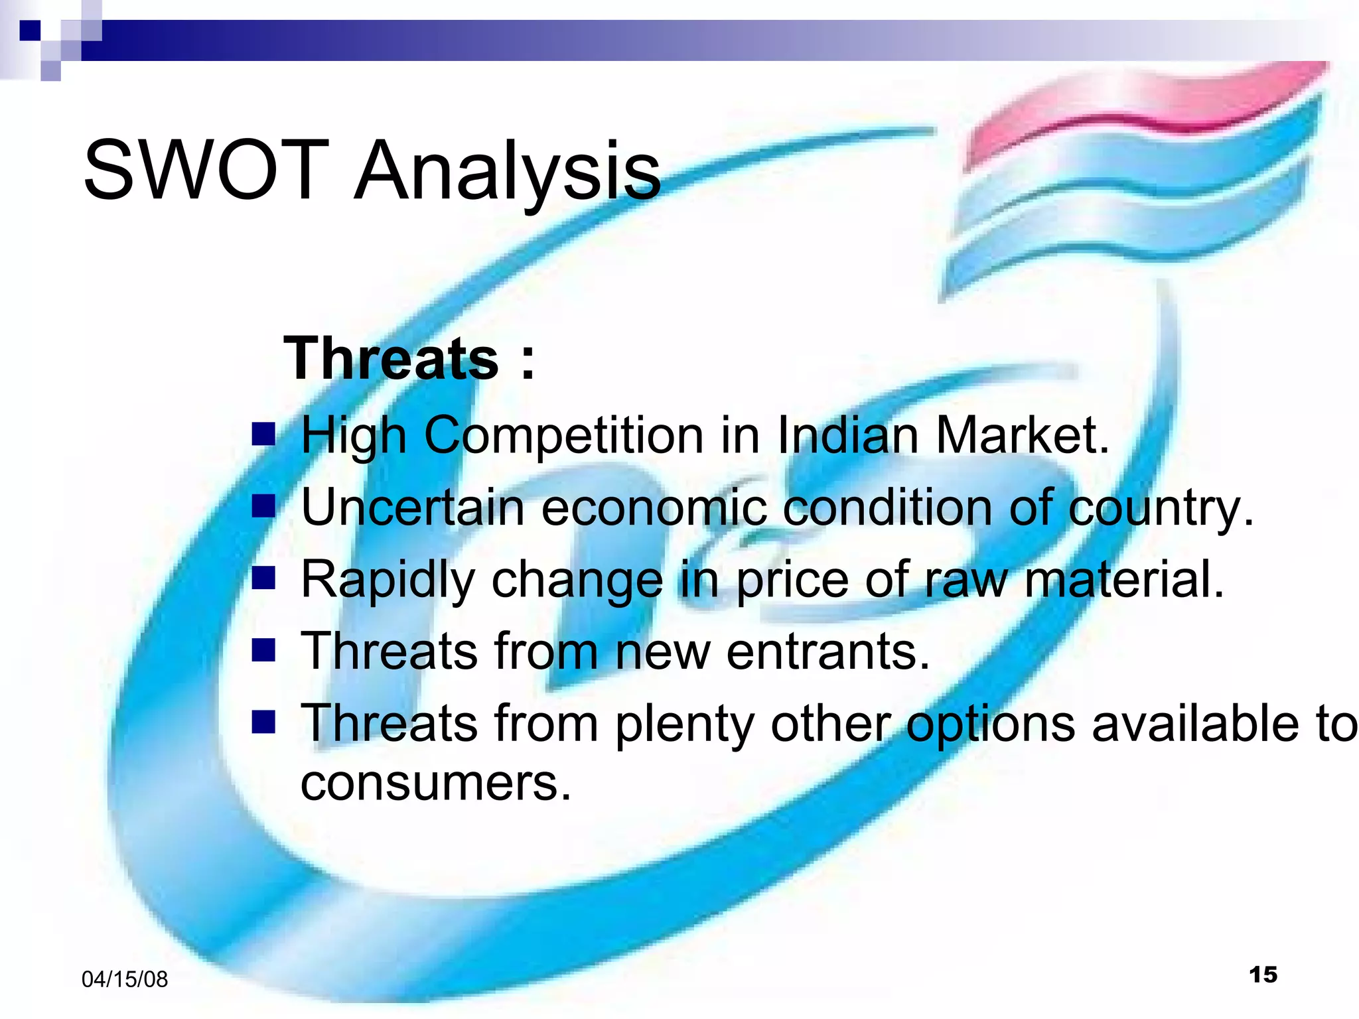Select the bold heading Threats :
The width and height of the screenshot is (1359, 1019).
tap(408, 359)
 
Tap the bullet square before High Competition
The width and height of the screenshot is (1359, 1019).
tap(263, 435)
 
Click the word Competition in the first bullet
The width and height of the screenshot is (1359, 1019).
tap(564, 437)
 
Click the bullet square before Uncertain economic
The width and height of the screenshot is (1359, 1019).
tap(263, 507)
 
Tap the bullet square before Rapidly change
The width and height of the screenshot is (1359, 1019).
tap(263, 578)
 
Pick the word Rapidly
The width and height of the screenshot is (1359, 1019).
tap(388, 580)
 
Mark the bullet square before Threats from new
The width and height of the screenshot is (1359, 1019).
tap(263, 651)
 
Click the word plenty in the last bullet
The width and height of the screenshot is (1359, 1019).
tap(684, 725)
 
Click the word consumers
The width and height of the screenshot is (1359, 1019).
tap(435, 783)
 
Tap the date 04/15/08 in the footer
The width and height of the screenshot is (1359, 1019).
tap(125, 979)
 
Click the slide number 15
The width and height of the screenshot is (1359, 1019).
tap(1263, 975)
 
